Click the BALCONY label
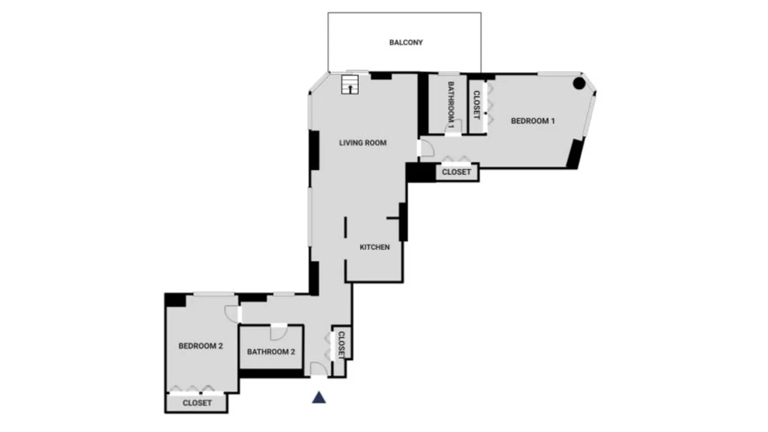pos(406,42)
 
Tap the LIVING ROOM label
pos(362,143)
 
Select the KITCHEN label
pos(374,247)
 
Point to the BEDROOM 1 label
pos(533,121)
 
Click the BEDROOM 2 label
pos(201,346)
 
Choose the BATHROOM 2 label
pos(271,352)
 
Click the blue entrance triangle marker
pos(319,398)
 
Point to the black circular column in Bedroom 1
pos(579,83)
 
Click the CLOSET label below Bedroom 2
pos(197,403)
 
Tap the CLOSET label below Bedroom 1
pos(456,172)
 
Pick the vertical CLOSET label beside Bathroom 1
pos(476,105)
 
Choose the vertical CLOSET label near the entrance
pos(342,345)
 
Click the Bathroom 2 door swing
pos(278,333)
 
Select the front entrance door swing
pos(319,369)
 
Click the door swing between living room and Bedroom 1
pos(426,148)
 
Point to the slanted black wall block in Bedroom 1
pos(575,153)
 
